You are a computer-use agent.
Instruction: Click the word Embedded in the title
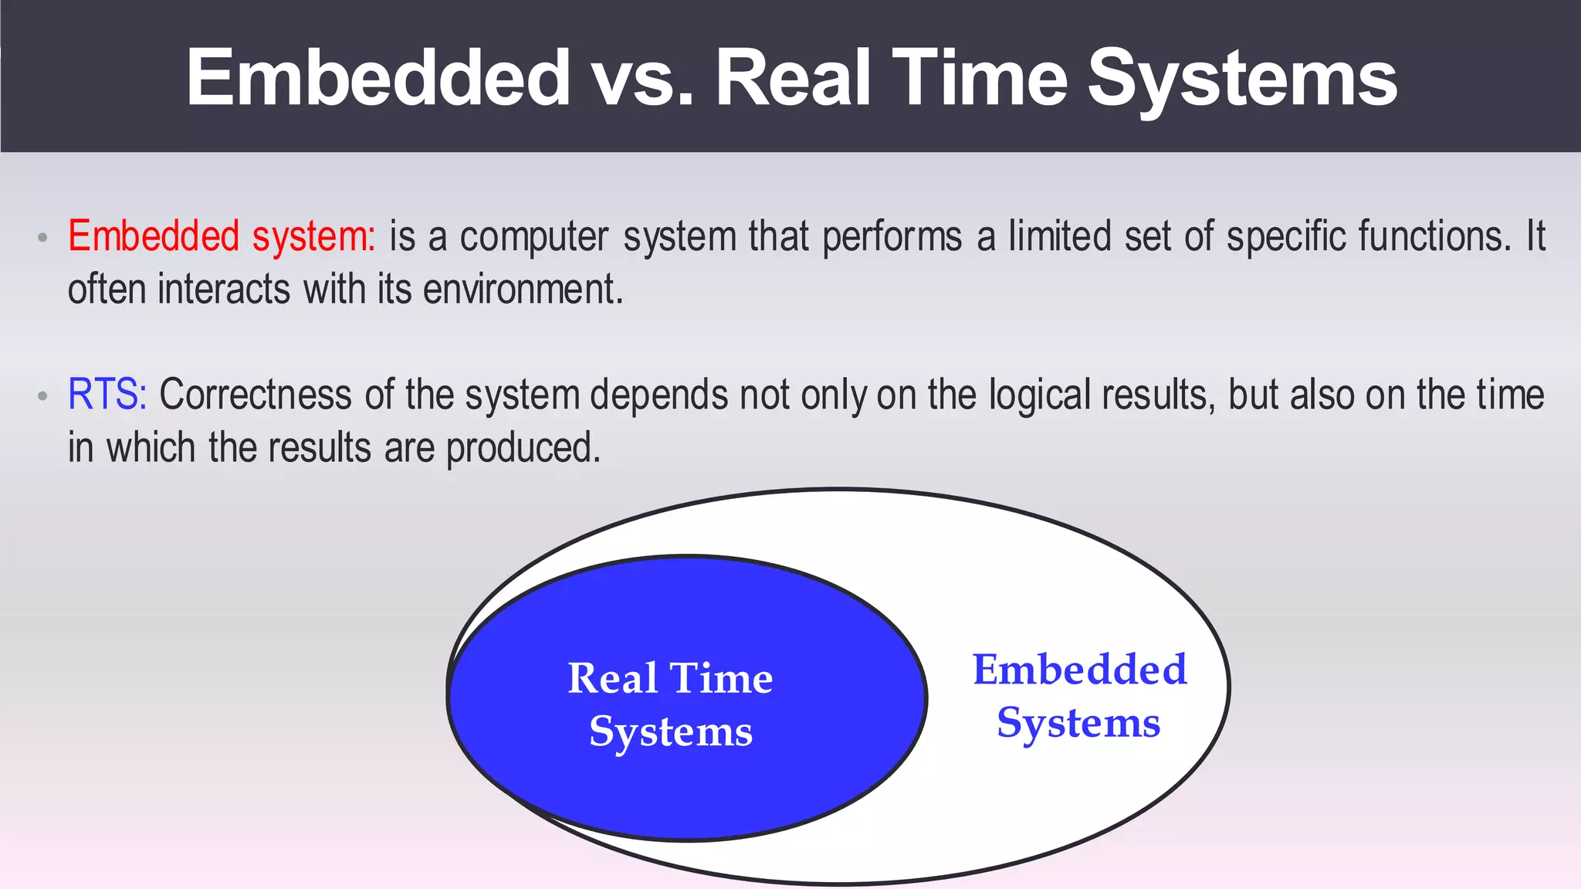click(377, 77)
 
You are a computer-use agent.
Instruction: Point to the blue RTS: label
click(107, 395)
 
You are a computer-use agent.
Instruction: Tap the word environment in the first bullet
click(522, 290)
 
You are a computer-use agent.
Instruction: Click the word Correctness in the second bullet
click(256, 395)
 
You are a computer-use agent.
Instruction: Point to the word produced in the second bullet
click(523, 449)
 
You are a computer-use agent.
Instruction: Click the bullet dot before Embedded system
click(43, 238)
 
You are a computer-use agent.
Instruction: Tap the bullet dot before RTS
click(43, 396)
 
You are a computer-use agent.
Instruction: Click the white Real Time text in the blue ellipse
click(670, 678)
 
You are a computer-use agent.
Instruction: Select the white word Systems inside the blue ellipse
click(670, 731)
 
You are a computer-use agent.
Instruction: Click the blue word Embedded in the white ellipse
click(1079, 670)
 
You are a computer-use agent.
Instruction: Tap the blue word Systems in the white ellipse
click(1078, 724)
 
